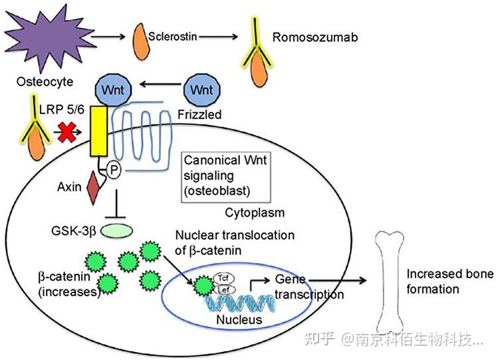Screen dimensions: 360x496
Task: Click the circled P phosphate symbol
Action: click(x=114, y=172)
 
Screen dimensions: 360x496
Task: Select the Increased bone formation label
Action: click(x=441, y=281)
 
